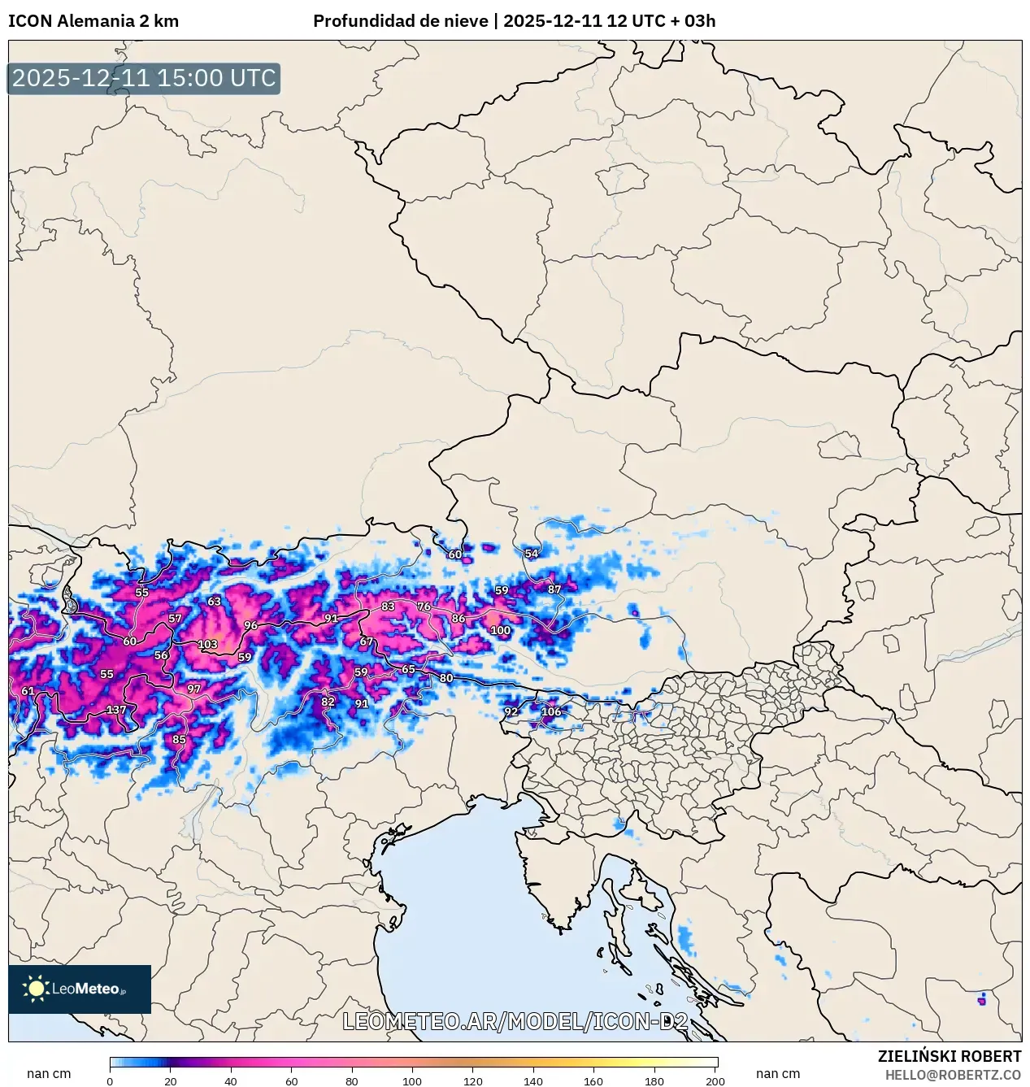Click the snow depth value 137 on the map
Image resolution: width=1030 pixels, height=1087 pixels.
(116, 710)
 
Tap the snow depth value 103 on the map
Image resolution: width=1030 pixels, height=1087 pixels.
(207, 644)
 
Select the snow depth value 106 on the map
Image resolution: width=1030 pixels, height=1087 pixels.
(551, 711)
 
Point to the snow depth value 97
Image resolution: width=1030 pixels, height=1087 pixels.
(193, 689)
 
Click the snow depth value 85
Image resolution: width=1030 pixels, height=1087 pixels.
(179, 739)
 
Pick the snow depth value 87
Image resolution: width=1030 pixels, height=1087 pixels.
(554, 589)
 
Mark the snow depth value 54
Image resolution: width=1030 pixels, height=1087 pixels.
(532, 554)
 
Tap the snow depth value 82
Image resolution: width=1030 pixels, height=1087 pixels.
(328, 702)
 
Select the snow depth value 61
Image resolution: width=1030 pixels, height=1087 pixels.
(28, 691)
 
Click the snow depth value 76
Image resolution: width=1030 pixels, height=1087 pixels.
(424, 607)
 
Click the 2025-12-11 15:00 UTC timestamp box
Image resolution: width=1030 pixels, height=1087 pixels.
(144, 79)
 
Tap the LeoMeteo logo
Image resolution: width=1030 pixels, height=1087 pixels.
(80, 989)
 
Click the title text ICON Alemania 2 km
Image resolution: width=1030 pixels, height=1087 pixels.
(93, 21)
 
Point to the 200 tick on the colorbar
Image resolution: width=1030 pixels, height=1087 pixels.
(715, 1081)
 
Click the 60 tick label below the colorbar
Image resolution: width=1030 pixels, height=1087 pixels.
(291, 1081)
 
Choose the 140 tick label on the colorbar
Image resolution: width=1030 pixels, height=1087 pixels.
(533, 1081)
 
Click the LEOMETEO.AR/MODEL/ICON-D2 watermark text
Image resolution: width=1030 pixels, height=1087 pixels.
(515, 1022)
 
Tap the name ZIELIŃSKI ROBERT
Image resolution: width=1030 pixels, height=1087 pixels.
(949, 1056)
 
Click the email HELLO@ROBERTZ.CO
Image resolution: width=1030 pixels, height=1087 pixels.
(953, 1075)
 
